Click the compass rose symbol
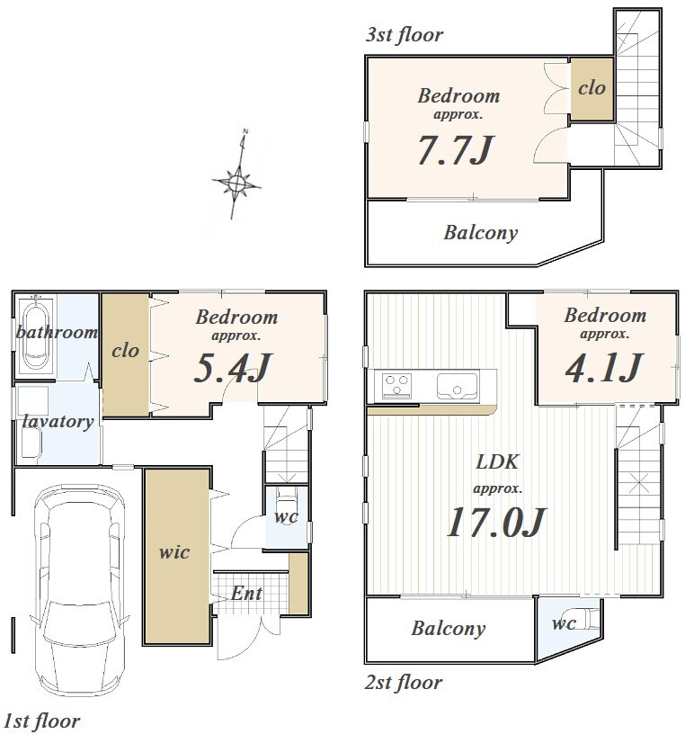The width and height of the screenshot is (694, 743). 236,182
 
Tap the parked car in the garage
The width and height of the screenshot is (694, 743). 80,590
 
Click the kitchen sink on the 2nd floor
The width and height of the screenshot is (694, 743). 457,386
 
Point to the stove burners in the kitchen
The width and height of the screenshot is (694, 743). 396,385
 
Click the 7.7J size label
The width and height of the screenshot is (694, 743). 456,150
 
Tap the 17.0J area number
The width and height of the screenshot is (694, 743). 496,522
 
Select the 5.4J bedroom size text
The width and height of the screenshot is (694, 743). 232,368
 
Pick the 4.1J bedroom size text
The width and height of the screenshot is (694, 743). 604,367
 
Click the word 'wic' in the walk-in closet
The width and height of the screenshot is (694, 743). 174,552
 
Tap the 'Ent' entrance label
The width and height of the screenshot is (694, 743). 246,594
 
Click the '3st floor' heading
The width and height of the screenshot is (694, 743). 404,34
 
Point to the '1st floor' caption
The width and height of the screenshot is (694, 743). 41,721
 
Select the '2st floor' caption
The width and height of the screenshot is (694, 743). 404,683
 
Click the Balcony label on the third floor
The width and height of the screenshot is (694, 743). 480,233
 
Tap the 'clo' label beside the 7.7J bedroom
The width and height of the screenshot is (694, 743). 592,87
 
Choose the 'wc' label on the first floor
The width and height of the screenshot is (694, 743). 286,516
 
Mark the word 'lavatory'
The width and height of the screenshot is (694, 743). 58,421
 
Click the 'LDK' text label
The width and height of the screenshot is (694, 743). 497,461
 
